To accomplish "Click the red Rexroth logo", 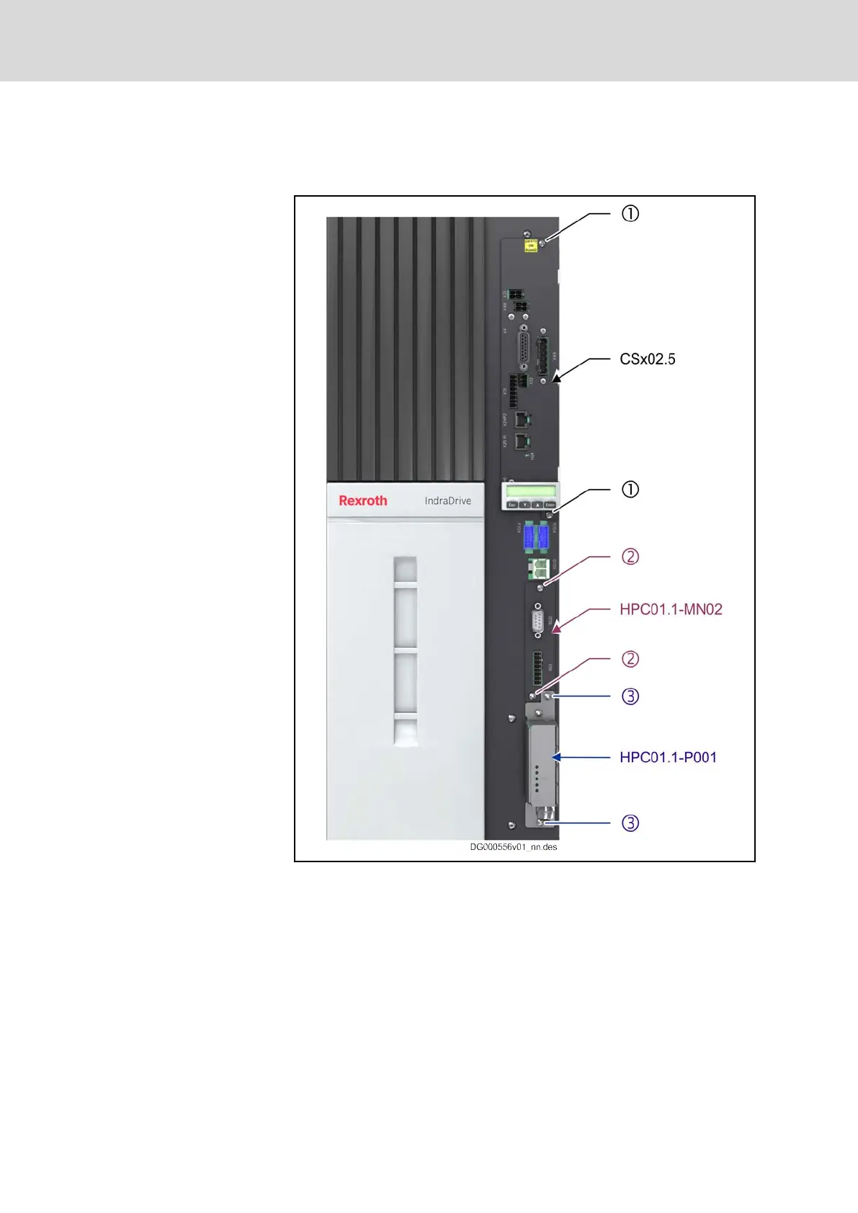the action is (x=363, y=501).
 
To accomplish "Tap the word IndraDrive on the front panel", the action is (x=447, y=501).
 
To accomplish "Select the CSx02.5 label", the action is (x=648, y=359).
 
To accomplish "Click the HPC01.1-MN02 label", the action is (x=671, y=609).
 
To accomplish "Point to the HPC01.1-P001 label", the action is (x=668, y=757).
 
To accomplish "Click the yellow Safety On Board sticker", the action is (x=531, y=246).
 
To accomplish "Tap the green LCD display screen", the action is (x=530, y=491).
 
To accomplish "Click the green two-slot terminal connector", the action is (x=538, y=568).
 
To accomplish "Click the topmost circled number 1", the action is (x=630, y=214).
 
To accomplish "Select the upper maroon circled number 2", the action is (x=630, y=557).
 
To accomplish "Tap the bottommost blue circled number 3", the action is (x=630, y=823).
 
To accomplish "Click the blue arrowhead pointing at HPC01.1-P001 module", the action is (x=556, y=757).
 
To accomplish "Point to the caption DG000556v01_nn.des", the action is (x=514, y=847).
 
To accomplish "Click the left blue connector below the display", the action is (x=529, y=537).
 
